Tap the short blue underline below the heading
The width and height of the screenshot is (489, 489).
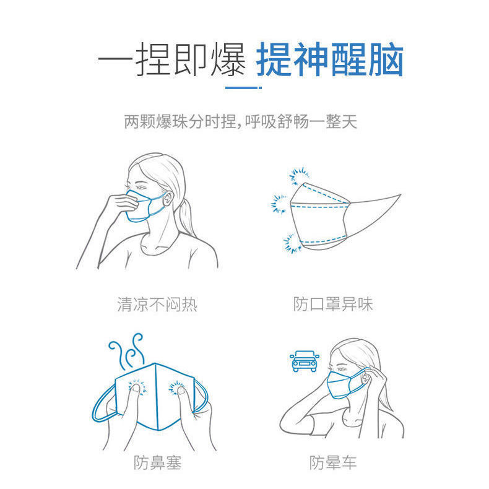coord(244,87)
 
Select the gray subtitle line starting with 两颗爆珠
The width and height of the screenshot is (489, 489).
coord(240,121)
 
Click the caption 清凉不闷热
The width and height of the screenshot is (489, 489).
coord(157,304)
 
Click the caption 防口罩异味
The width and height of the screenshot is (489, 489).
coord(333,304)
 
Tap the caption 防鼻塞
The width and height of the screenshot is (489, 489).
coord(157,462)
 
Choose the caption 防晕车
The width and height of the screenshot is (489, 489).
coord(333,462)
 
